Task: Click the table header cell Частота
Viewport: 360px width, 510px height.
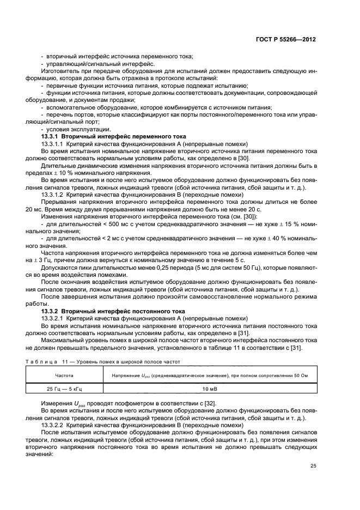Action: coord(65,375)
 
